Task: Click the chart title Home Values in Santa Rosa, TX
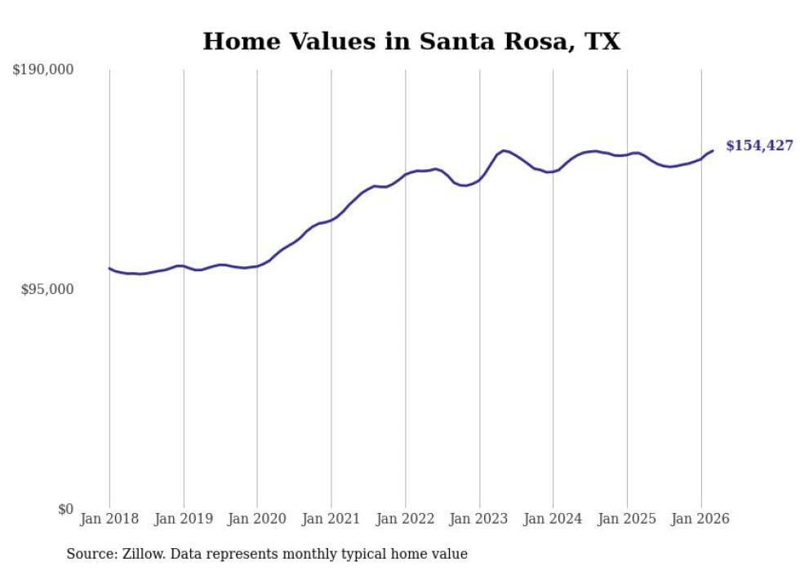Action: (x=411, y=42)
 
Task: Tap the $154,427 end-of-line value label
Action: (x=758, y=145)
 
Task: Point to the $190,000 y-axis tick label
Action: (x=43, y=70)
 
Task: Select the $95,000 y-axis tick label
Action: (x=47, y=290)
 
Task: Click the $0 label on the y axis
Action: (x=65, y=510)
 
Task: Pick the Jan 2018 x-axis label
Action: (x=109, y=519)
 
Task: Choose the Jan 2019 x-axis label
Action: (x=184, y=519)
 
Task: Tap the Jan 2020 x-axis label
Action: (x=257, y=519)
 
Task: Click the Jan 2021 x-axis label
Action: (x=331, y=519)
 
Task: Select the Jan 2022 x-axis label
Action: (x=406, y=519)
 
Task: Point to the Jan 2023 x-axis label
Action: (x=479, y=519)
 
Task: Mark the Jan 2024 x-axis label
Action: (x=553, y=519)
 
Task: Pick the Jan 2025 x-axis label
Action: (x=627, y=519)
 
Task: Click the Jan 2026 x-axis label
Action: (x=701, y=519)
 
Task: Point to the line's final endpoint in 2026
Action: (x=713, y=150)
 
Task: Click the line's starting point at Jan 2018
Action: (x=109, y=268)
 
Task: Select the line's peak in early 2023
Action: (x=504, y=150)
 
